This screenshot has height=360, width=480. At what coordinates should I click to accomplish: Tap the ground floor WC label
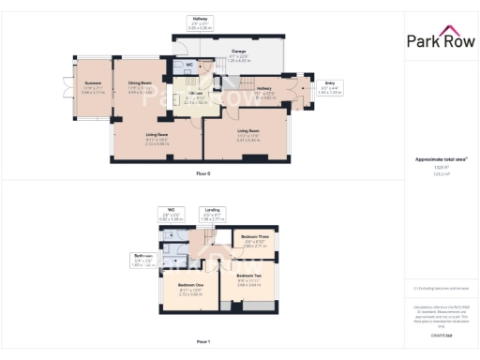click(x=188, y=65)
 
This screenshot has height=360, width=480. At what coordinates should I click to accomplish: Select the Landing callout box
click(x=213, y=214)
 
